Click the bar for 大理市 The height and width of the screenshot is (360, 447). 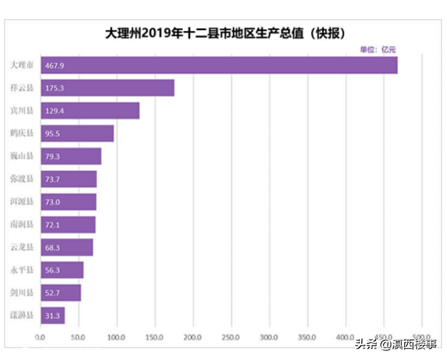click(219, 65)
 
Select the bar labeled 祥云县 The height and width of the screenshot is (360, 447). click(107, 88)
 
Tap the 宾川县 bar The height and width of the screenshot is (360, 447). click(90, 111)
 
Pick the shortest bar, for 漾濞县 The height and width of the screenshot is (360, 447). click(53, 315)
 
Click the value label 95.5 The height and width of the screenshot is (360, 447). click(52, 134)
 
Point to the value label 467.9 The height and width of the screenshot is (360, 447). click(54, 65)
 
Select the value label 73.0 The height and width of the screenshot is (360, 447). click(52, 202)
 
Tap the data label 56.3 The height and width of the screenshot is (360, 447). click(52, 271)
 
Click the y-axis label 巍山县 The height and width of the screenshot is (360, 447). click(22, 156)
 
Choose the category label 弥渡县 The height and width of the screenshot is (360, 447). click(22, 179)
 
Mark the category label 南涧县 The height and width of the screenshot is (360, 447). click(22, 224)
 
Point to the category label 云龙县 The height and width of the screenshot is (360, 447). click(22, 247)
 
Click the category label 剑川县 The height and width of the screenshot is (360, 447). click(22, 293)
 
